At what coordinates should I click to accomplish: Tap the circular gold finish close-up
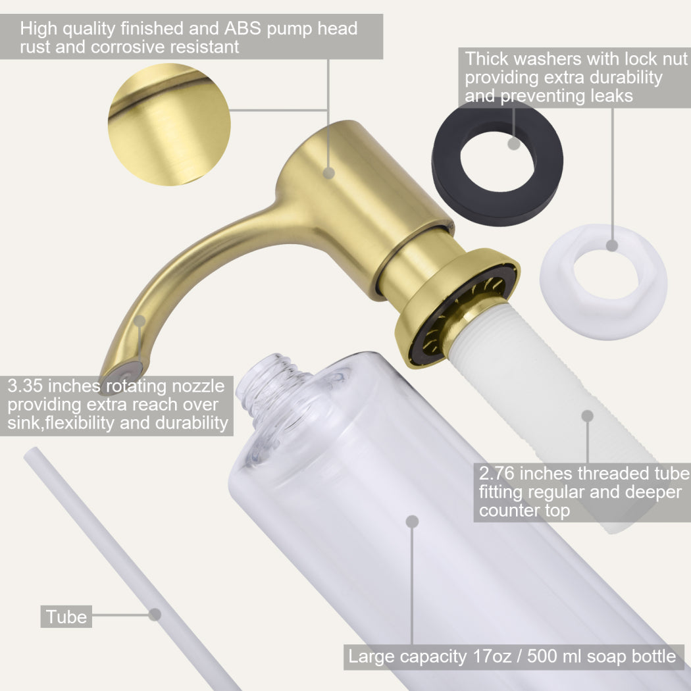pyautogui.click(x=169, y=124)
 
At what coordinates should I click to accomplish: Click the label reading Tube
pyautogui.click(x=66, y=617)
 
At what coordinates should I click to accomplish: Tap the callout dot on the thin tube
pyautogui.click(x=155, y=614)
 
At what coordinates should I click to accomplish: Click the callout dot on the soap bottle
pyautogui.click(x=412, y=522)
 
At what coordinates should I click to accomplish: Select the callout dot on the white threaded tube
pyautogui.click(x=588, y=416)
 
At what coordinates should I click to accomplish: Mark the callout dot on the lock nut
pyautogui.click(x=612, y=245)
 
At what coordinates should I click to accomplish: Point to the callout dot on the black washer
pyautogui.click(x=514, y=143)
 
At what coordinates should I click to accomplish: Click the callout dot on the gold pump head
pyautogui.click(x=329, y=172)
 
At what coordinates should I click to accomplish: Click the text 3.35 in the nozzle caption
pyautogui.click(x=25, y=386)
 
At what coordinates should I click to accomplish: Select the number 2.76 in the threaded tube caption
pyautogui.click(x=497, y=473)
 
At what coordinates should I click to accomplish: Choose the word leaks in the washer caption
pyautogui.click(x=611, y=95)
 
